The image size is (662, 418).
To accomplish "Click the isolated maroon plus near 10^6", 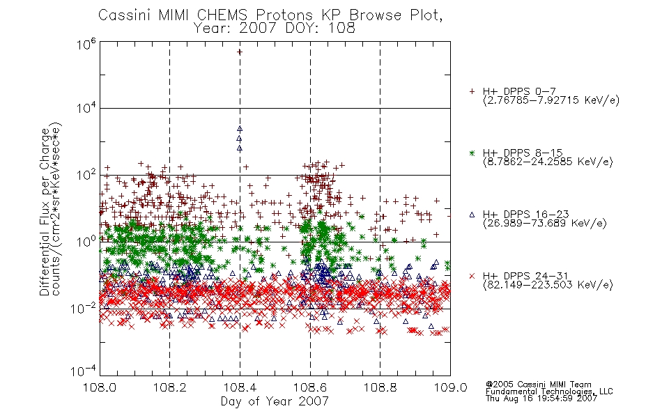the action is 240,52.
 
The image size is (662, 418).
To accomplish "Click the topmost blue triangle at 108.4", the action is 240,129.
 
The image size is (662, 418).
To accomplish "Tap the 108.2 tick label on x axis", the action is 170,387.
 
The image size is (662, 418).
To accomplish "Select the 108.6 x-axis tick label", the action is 310,387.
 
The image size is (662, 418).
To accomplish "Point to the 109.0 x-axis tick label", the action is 450,387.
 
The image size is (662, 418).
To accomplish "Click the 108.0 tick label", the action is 100,387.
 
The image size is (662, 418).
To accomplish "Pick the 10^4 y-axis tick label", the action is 86,107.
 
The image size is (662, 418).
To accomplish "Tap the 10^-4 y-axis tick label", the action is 83,371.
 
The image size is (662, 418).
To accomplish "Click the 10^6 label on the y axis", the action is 86,43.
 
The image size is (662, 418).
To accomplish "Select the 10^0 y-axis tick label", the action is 86,241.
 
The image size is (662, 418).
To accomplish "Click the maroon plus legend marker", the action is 472,91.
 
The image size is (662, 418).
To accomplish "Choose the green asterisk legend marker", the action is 472,153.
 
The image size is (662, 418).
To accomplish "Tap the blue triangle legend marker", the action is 472,215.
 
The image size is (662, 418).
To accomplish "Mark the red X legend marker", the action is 472,276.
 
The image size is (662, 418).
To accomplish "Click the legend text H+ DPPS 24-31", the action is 525,276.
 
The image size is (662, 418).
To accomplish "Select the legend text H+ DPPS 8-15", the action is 523,153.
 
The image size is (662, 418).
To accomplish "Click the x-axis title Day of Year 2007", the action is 275,401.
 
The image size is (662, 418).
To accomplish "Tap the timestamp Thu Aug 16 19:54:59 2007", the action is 541,398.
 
